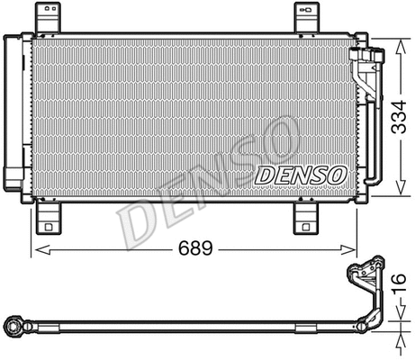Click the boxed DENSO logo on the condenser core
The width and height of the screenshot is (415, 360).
point(301,175)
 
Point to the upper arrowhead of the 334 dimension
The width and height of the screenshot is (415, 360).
point(399,40)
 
